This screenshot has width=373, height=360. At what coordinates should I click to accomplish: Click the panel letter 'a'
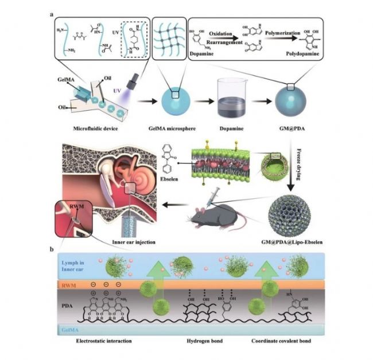pos(53,13)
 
